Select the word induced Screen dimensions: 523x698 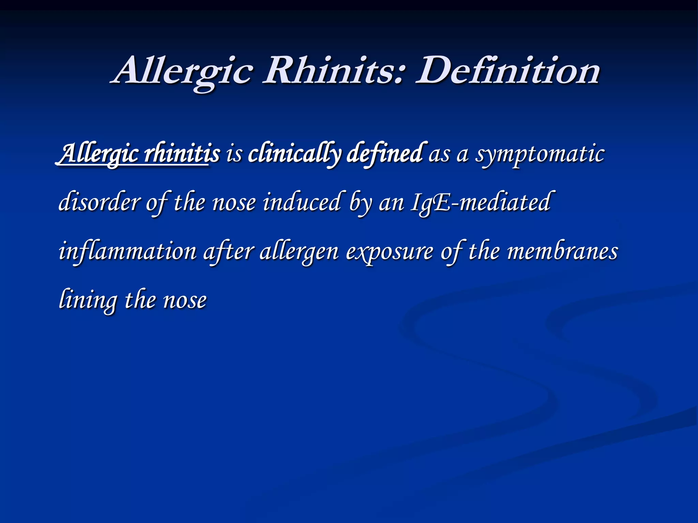pyautogui.click(x=302, y=202)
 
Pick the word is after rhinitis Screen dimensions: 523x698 pyautogui.click(x=234, y=154)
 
